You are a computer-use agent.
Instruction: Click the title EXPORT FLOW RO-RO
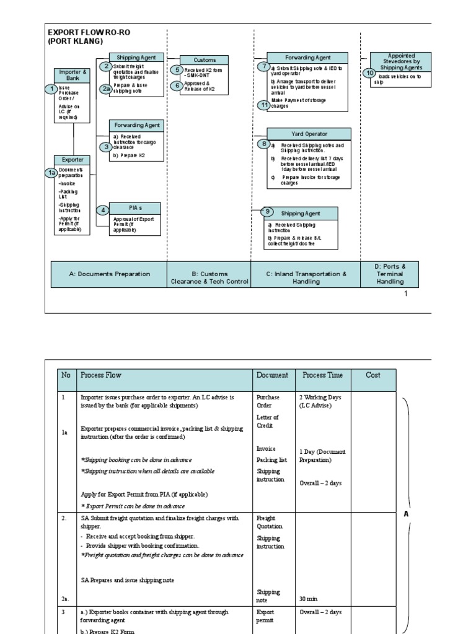[89, 32]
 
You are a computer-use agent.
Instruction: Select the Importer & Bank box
[73, 75]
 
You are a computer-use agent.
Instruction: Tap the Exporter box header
[73, 159]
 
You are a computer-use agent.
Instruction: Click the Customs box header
[205, 60]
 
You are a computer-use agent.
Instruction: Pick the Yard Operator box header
[309, 134]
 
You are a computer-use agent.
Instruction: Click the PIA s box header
[135, 208]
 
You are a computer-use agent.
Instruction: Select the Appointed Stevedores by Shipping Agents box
[401, 61]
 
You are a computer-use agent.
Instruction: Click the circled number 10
[370, 73]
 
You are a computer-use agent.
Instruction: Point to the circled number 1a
[52, 173]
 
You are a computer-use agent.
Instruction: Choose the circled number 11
[264, 105]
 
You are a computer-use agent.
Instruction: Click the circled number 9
[268, 211]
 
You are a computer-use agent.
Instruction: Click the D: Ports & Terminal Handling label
[390, 274]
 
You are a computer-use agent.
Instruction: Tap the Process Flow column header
[101, 375]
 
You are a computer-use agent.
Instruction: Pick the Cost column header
[373, 375]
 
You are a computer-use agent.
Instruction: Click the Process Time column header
[322, 375]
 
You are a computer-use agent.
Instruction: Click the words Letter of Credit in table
[267, 421]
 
